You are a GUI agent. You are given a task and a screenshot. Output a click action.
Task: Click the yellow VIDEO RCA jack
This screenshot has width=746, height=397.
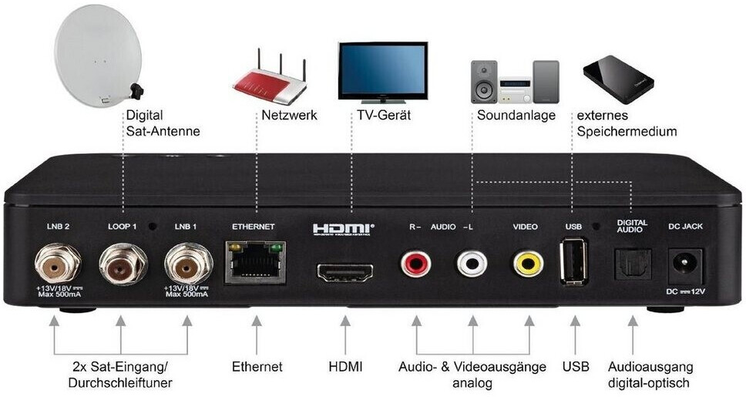click(529, 263)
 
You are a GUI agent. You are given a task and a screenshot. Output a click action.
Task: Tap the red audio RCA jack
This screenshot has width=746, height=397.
click(416, 263)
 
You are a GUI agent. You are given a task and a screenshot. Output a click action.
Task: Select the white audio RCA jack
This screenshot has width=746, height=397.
click(472, 263)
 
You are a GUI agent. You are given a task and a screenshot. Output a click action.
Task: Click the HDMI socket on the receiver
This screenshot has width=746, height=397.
click(345, 272)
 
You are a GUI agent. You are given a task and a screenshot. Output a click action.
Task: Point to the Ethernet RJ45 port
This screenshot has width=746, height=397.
click(256, 263)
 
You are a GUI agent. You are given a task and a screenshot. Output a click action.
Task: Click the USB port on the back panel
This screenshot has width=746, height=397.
click(574, 261)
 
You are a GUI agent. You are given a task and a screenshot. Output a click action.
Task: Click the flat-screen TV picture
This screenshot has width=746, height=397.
click(383, 72)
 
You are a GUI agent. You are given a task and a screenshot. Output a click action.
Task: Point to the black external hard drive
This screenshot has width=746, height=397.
click(618, 79)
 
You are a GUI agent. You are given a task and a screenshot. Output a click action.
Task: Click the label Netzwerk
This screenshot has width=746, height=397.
click(289, 115)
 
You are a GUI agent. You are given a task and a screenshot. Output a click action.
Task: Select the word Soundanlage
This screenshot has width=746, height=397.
click(516, 115)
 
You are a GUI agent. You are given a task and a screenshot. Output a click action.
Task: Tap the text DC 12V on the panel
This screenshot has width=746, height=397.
click(686, 291)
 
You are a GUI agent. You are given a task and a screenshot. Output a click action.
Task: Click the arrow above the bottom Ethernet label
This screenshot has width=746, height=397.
click(257, 335)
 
